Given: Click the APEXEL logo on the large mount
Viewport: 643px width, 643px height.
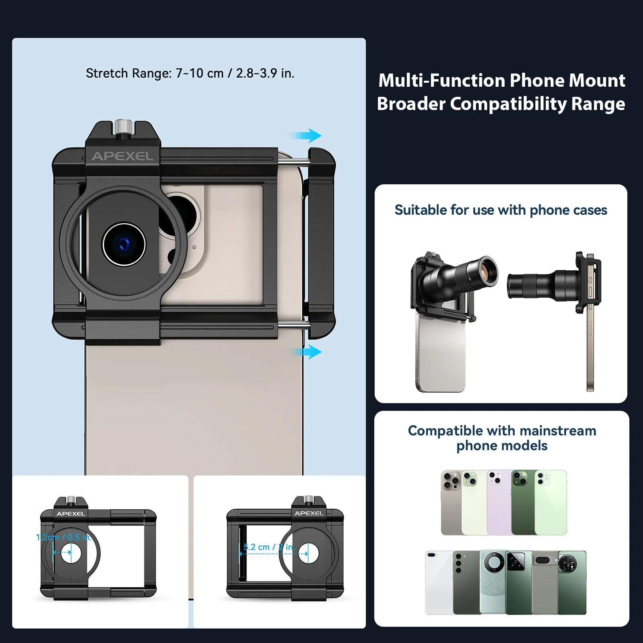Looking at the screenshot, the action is click(x=122, y=156).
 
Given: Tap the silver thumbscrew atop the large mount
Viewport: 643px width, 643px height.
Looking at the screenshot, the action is click(x=123, y=127).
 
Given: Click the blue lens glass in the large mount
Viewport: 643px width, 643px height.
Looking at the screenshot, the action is click(x=124, y=244).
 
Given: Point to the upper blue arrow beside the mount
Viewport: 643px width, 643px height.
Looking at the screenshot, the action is click(x=305, y=136).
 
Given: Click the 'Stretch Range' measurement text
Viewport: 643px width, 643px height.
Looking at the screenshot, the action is click(x=190, y=73).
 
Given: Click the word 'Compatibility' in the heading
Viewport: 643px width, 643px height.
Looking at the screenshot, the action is click(x=508, y=104).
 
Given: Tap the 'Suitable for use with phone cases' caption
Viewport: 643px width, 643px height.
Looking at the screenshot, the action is click(x=501, y=210).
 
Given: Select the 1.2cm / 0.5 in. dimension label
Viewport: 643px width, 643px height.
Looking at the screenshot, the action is click(x=64, y=537).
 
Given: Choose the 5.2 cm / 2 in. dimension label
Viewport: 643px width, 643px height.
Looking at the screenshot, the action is click(x=269, y=547).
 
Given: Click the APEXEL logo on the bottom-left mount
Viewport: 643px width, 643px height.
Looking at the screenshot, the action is click(x=71, y=514).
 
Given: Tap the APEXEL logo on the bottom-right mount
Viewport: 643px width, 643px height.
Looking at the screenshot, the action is click(x=309, y=513).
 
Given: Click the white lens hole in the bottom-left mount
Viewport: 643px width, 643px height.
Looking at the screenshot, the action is click(x=71, y=553).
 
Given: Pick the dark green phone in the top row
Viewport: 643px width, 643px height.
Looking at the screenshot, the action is click(x=523, y=502).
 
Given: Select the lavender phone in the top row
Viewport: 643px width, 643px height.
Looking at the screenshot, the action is click(x=499, y=502).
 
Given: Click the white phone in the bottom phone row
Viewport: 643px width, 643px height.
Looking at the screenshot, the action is click(x=439, y=583).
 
